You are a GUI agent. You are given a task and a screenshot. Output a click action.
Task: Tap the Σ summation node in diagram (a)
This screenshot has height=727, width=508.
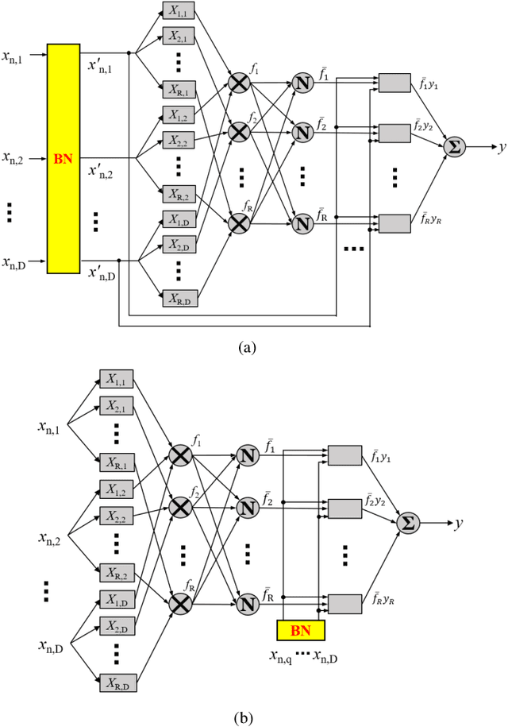pyautogui.click(x=455, y=147)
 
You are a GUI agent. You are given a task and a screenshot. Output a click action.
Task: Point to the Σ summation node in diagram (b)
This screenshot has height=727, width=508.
pyautogui.click(x=408, y=523)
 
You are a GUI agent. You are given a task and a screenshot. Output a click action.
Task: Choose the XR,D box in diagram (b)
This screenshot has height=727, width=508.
pyautogui.click(x=116, y=681)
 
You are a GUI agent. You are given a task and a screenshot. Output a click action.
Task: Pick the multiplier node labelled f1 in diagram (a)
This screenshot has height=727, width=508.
pyautogui.click(x=237, y=82)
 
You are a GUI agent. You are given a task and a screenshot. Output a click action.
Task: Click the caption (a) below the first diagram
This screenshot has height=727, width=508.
pyautogui.click(x=248, y=346)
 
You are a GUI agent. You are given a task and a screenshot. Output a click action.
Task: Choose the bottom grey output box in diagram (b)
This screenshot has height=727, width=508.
pyautogui.click(x=344, y=601)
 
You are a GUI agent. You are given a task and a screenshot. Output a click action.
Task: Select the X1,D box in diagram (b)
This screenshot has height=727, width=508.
pyautogui.click(x=116, y=597)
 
